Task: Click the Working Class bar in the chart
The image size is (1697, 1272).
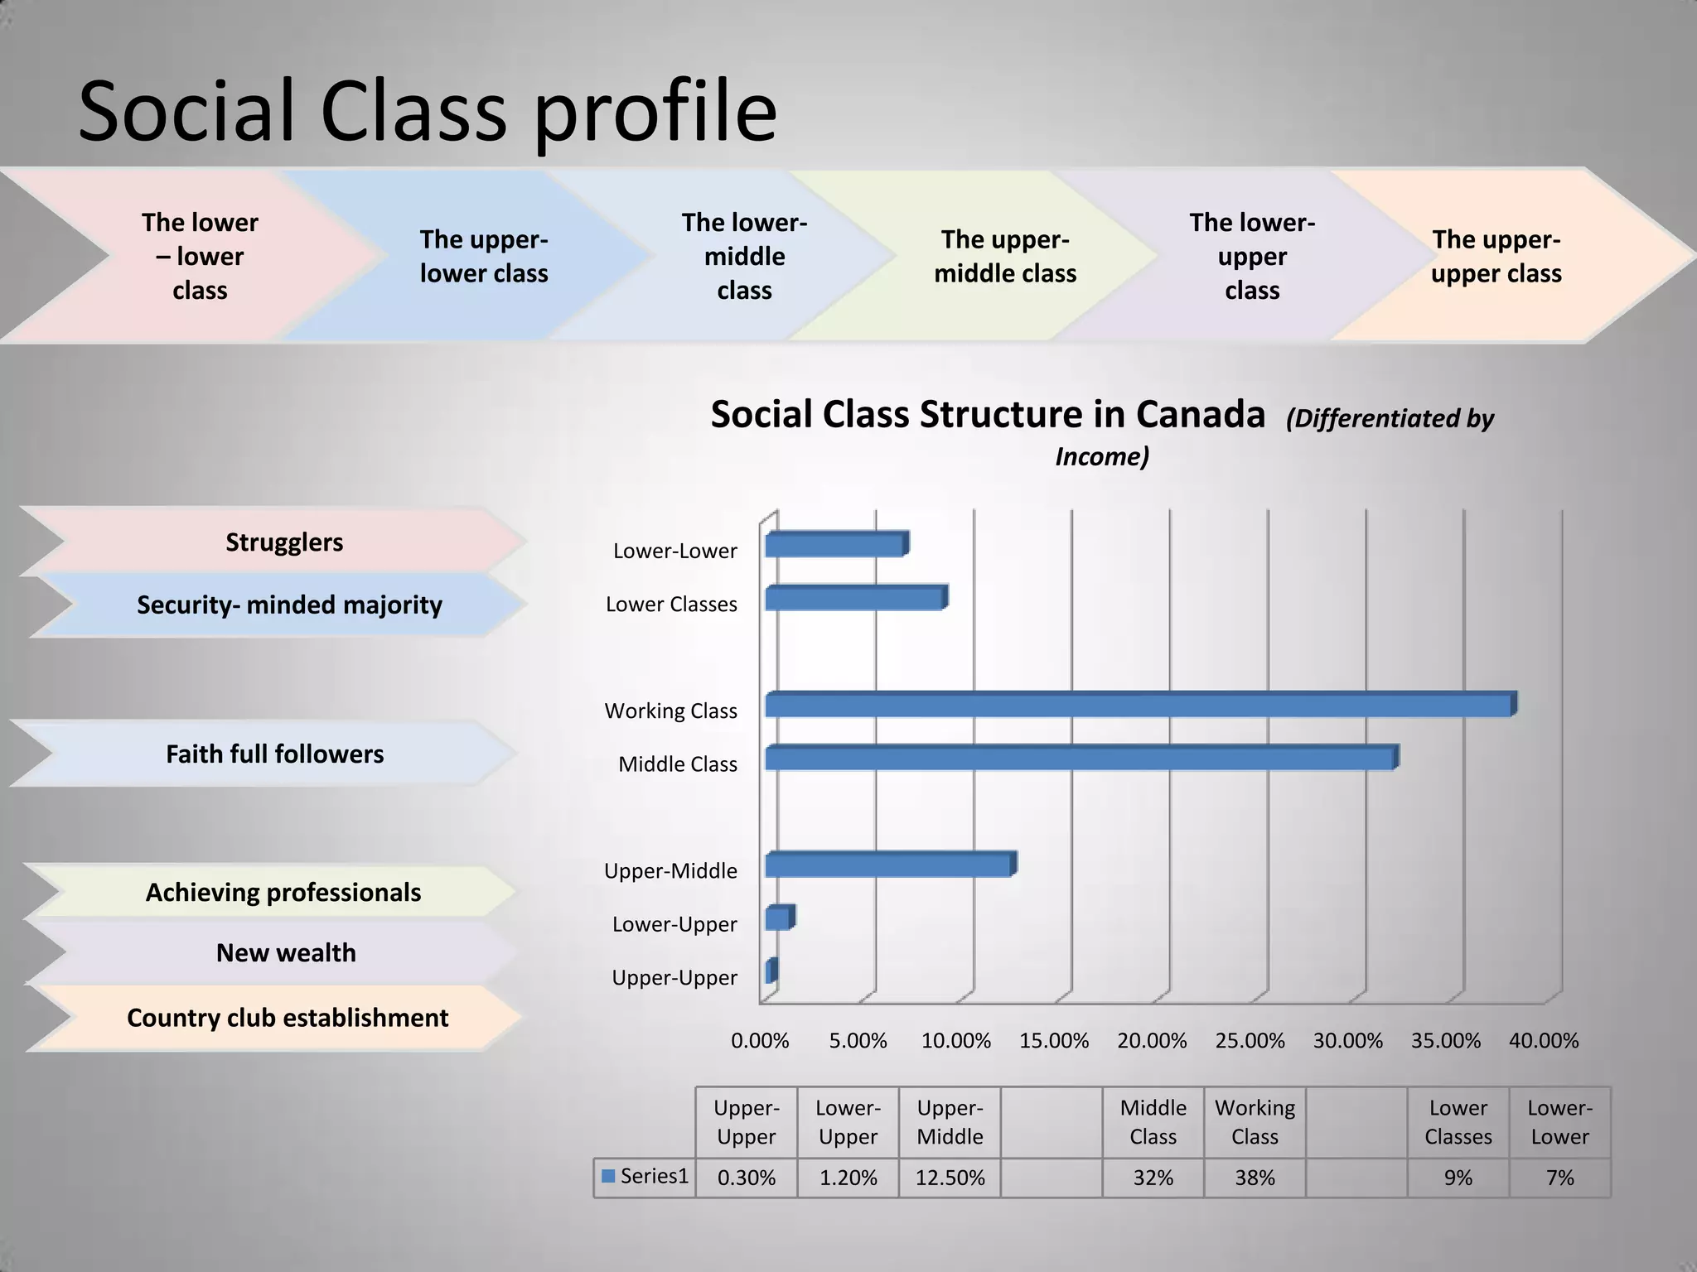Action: click(1139, 705)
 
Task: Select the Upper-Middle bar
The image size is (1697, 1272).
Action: click(889, 865)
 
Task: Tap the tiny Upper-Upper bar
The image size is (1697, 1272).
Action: click(771, 971)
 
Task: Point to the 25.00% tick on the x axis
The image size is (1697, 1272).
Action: click(1250, 1041)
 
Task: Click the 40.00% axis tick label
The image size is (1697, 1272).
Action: click(1543, 1041)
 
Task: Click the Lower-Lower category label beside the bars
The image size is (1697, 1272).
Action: click(674, 551)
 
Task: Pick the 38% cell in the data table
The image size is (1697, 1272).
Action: click(1255, 1178)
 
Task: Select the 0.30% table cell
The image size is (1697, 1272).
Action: click(746, 1178)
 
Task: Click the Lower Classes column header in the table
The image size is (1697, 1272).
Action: click(1458, 1122)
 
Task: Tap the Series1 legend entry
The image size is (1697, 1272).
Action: click(645, 1176)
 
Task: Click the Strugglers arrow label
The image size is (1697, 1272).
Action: click(284, 542)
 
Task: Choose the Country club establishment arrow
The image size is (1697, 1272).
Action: click(287, 1018)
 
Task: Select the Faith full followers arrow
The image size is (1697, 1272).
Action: click(274, 754)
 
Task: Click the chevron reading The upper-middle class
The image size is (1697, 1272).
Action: click(1004, 257)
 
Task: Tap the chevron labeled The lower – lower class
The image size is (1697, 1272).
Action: click(200, 257)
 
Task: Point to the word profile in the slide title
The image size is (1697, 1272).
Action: click(655, 112)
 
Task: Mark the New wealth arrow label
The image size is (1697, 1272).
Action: click(286, 953)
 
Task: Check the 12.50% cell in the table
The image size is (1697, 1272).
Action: click(950, 1178)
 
